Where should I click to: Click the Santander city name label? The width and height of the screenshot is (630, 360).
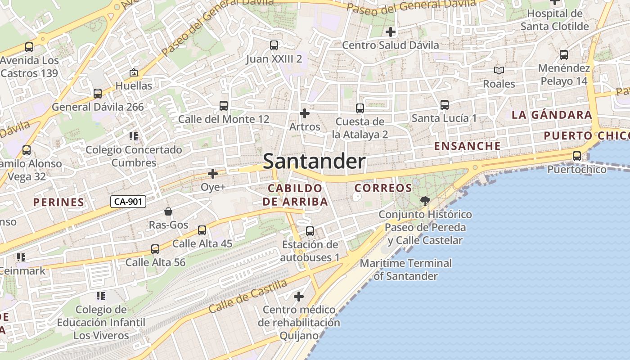pyautogui.click(x=314, y=161)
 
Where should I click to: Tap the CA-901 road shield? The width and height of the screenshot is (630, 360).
pyautogui.click(x=128, y=202)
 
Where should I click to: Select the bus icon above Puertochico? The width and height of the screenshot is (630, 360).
pyautogui.click(x=576, y=156)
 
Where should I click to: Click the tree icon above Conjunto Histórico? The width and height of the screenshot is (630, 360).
pyautogui.click(x=424, y=201)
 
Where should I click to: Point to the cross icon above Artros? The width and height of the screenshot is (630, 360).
pyautogui.click(x=305, y=113)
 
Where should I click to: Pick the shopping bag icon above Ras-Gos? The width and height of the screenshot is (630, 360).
pyautogui.click(x=168, y=211)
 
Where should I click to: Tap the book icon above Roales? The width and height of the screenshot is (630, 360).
pyautogui.click(x=499, y=71)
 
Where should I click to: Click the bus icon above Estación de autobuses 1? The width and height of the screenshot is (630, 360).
pyautogui.click(x=310, y=231)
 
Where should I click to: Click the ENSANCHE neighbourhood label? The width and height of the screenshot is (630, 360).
pyautogui.click(x=467, y=146)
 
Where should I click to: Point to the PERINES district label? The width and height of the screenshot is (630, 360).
pyautogui.click(x=58, y=202)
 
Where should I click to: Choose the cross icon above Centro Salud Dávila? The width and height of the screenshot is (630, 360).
pyautogui.click(x=390, y=32)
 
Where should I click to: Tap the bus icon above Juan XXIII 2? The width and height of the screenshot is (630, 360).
pyautogui.click(x=274, y=45)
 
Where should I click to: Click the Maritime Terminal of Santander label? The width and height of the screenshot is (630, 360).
pyautogui.click(x=405, y=270)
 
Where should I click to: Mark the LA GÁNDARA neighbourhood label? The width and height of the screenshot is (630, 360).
pyautogui.click(x=552, y=115)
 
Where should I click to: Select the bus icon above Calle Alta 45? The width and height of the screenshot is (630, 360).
pyautogui.click(x=202, y=230)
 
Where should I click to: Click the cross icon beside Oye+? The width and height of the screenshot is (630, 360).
pyautogui.click(x=213, y=173)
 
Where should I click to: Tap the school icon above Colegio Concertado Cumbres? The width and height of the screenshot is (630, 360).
pyautogui.click(x=133, y=136)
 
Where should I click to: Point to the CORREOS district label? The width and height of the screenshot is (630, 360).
pyautogui.click(x=383, y=188)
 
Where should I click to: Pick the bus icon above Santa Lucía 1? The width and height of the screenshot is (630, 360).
pyautogui.click(x=445, y=105)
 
